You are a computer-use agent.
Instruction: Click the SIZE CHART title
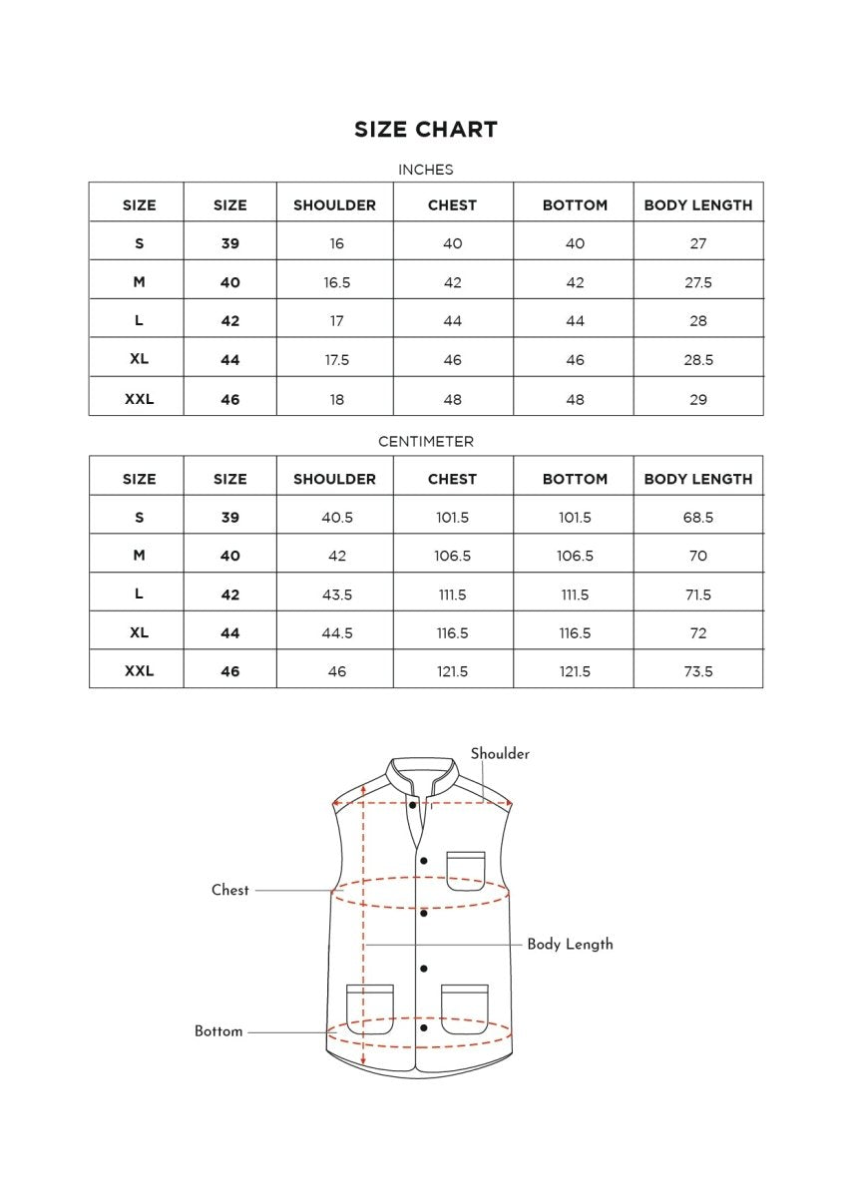tap(425, 130)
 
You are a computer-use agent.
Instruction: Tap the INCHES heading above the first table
tap(425, 170)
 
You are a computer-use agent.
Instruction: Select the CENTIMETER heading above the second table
tap(425, 441)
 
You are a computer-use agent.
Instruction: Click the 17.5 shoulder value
tap(336, 360)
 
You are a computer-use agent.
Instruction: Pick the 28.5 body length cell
tap(697, 360)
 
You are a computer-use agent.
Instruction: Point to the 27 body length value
tap(697, 243)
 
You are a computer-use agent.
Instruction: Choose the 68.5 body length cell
tap(697, 518)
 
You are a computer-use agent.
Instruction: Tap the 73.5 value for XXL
tap(697, 671)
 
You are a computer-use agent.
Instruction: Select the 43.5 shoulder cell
tap(336, 595)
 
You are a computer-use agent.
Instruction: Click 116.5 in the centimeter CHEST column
tap(452, 633)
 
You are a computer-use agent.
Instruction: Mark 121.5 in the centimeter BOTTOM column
tap(575, 671)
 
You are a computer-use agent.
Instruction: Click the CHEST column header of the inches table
tap(452, 205)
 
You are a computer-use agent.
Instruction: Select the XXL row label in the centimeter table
tap(139, 671)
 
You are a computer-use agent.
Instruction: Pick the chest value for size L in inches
tap(452, 321)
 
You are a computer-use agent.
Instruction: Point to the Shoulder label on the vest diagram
tap(500, 754)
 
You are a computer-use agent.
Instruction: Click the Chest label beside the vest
tap(230, 890)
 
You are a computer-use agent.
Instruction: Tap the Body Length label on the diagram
tap(570, 944)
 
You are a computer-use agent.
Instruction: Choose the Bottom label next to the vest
tap(218, 1031)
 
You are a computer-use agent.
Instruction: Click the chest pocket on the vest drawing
tap(466, 870)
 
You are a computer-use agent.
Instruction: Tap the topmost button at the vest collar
tap(413, 804)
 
